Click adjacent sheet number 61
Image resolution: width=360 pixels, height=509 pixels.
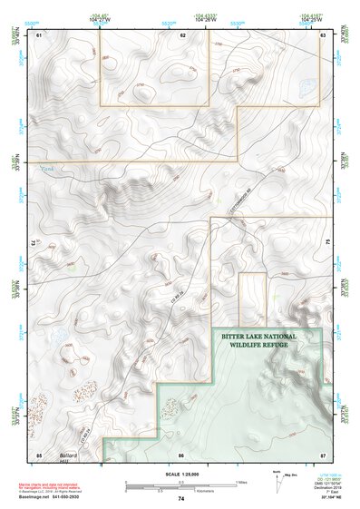(39, 34)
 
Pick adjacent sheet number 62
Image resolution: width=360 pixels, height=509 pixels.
(183, 34)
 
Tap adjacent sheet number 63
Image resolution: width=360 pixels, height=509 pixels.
(322, 34)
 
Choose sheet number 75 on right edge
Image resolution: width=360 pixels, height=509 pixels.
(328, 243)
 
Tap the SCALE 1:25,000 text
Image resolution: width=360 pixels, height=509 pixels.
(180, 473)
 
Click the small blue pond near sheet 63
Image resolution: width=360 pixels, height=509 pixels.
(305, 88)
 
